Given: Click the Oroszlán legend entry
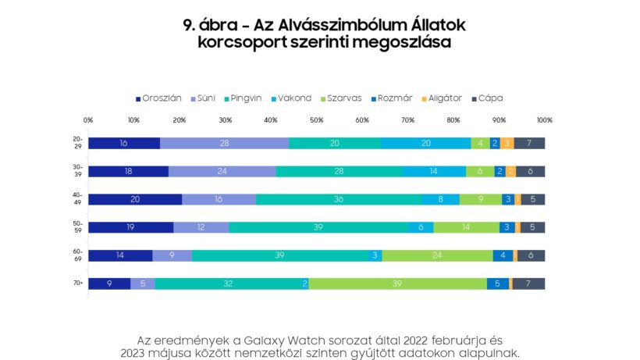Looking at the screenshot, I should point(159,98).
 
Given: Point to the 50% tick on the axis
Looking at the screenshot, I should point(316,120).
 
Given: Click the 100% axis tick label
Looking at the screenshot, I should point(544,120).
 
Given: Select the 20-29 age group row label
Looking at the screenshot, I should point(77,143).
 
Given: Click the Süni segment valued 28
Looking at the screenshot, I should point(224,143).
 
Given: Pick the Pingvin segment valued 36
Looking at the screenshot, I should point(339,199).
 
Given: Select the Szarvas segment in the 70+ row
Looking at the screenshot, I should point(397,283).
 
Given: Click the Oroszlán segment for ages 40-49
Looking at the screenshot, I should point(135,199).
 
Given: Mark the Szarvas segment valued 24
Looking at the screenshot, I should point(437,255).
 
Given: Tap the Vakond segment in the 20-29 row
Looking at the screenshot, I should point(425,143).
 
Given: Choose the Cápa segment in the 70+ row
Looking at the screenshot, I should point(528,283).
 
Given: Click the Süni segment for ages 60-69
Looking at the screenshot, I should point(172,255).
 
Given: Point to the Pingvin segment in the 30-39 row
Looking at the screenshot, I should point(339,171).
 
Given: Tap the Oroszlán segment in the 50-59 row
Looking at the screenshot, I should point(130,227).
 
